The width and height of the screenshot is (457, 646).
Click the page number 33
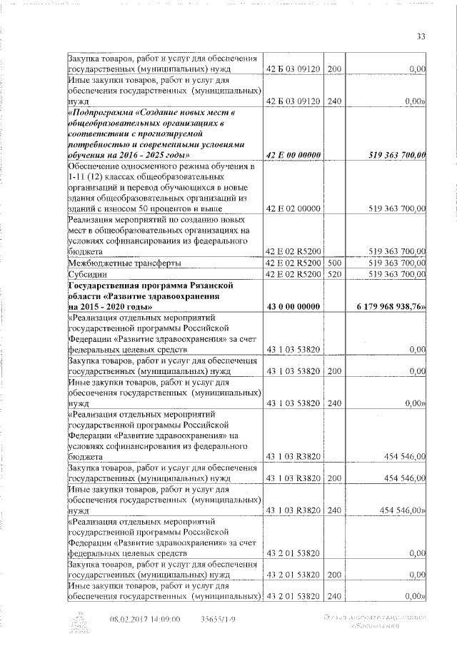tap(421, 36)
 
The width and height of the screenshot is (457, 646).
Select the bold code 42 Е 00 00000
tap(291, 155)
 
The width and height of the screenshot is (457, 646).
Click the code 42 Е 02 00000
tap(291, 208)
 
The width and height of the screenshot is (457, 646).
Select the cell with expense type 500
tap(334, 263)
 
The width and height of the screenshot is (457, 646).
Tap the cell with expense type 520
tap(334, 274)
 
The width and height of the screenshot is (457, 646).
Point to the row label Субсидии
tap(86, 274)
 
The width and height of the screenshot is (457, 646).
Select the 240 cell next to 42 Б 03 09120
tap(334, 101)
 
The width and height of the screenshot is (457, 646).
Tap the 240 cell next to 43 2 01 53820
tap(334, 596)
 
